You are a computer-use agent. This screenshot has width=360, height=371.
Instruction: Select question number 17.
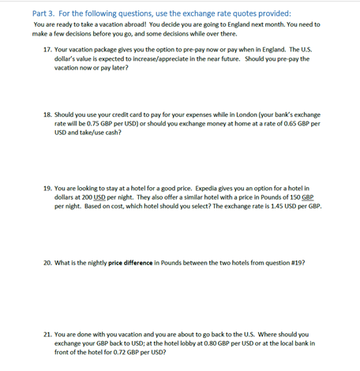pyautogui.click(x=48, y=49)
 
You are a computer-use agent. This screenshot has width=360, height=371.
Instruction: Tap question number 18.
pyautogui.click(x=48, y=115)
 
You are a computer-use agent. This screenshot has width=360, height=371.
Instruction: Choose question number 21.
pyautogui.click(x=48, y=335)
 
